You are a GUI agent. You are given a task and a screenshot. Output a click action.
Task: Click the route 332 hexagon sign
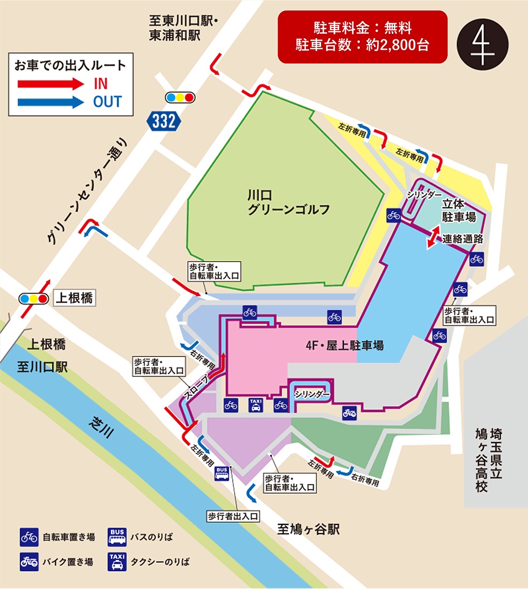[164, 121]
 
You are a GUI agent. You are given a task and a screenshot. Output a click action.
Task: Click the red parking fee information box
[362, 36]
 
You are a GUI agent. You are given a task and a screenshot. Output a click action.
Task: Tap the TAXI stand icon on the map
[255, 405]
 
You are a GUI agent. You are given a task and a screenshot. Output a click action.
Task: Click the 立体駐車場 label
[458, 211]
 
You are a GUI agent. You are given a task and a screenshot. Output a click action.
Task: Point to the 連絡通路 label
[462, 239]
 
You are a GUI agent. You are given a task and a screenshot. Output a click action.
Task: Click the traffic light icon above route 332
[180, 97]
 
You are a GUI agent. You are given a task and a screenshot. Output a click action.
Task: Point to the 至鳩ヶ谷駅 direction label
[309, 529]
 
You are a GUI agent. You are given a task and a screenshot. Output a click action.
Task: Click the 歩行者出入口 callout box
[233, 515]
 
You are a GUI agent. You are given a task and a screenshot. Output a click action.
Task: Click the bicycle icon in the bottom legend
[29, 537]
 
